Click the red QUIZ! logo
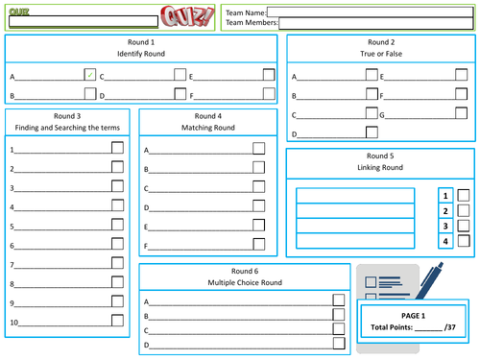coord(187,16)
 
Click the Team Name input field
coord(371,12)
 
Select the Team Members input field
coord(376,23)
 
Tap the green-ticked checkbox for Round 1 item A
coord(90,75)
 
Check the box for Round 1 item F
coord(269,94)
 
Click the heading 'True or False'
coord(381,54)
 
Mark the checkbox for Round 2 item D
coord(372,132)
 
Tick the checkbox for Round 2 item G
coord(461,113)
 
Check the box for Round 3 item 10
coord(117,321)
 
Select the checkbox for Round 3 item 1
coord(117,148)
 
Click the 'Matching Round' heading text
coord(208,128)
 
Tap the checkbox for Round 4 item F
coord(259,244)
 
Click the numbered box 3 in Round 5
coord(445,227)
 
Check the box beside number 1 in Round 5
coord(464,195)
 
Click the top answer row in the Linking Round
coord(355,196)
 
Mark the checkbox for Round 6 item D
coord(339,343)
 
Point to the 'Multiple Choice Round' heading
coord(245,282)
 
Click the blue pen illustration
coord(429,281)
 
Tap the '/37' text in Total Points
coord(450,327)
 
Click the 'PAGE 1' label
coord(413,316)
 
